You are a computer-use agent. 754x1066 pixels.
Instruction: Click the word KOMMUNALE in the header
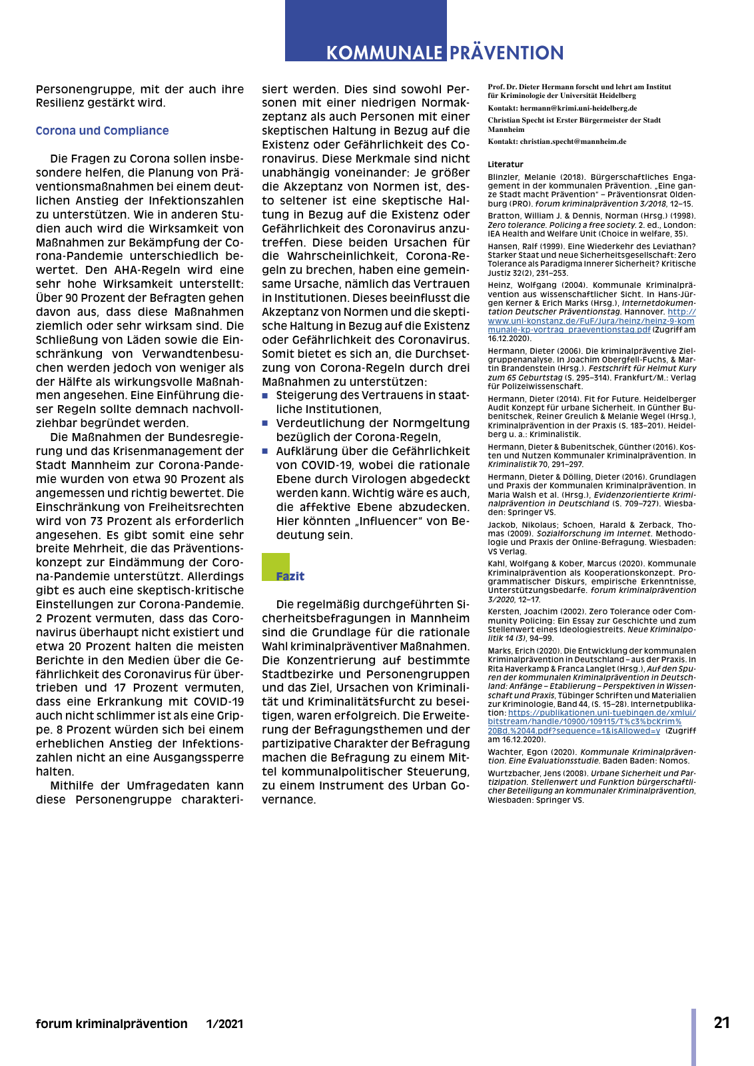[x=384, y=53]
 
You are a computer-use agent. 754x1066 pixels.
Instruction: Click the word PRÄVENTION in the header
[x=507, y=53]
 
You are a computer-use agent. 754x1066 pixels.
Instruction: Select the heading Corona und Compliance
[x=102, y=131]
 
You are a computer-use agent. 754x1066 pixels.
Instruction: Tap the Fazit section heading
[x=290, y=576]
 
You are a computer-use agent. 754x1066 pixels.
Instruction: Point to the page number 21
[x=722, y=1023]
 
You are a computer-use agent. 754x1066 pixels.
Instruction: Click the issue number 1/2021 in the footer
[x=224, y=1024]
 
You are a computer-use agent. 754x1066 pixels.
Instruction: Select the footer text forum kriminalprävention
[x=111, y=1024]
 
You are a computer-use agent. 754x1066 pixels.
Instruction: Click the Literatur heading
[x=506, y=165]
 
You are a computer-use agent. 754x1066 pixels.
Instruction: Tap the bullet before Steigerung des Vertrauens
[x=265, y=395]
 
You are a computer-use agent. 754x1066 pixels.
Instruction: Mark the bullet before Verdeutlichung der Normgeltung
[x=265, y=423]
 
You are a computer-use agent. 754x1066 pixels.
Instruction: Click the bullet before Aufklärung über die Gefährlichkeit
[x=265, y=451]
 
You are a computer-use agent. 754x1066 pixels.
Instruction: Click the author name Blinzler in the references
[x=502, y=177]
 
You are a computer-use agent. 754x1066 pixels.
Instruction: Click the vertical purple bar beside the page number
[x=693, y=1037]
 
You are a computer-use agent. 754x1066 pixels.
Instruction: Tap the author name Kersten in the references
[x=502, y=612]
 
